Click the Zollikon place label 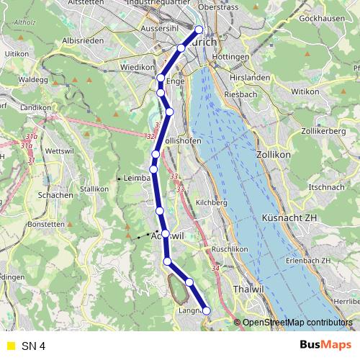tap(273, 155)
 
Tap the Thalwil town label tap(248, 289)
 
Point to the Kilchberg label tap(212, 203)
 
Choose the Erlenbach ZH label tap(306, 260)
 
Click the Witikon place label tap(304, 92)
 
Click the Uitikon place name tap(17, 54)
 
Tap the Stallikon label tap(94, 188)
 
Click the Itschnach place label tap(321, 187)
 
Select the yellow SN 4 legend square tap(11, 346)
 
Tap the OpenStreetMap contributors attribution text tap(297, 323)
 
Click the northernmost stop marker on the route tap(199, 30)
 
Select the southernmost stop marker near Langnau tap(207, 310)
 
